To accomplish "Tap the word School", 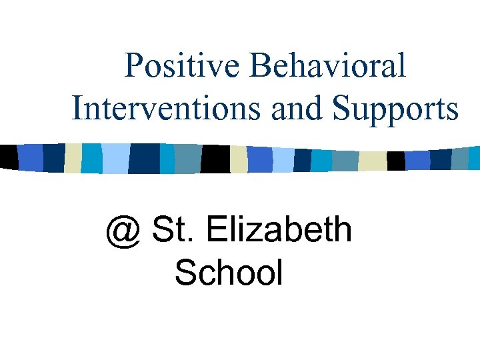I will [x=229, y=272].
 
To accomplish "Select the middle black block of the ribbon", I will [x=215, y=158].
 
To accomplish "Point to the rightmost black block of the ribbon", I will [x=396, y=161].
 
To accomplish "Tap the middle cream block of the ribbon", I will [x=239, y=159].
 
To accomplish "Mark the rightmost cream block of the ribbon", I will [x=372, y=161].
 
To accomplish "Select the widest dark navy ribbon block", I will [x=144, y=157].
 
